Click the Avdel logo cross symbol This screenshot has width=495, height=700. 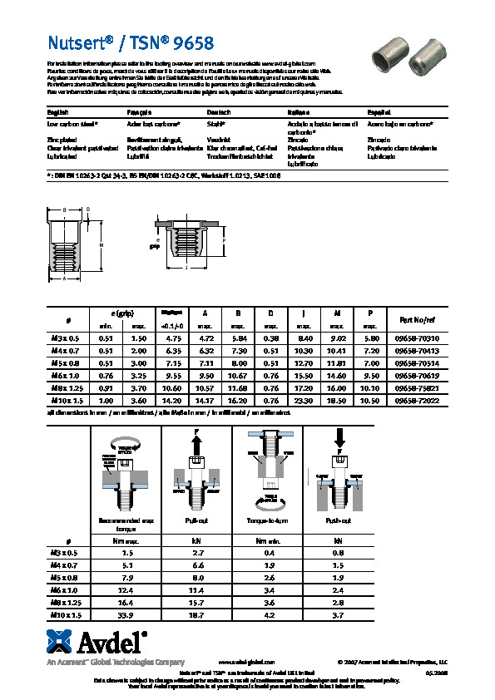[60, 643]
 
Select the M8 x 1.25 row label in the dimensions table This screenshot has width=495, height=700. [66, 387]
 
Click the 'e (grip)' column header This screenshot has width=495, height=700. [121, 313]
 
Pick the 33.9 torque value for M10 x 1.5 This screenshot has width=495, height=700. [127, 614]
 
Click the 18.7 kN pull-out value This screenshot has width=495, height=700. [198, 614]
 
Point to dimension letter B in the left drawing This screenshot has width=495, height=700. [64, 210]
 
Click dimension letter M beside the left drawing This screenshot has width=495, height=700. [101, 244]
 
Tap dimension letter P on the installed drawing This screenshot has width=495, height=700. [223, 241]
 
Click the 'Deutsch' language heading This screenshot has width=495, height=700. [219, 111]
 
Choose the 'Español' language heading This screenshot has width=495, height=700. [379, 111]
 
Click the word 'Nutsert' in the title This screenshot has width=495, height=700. [72, 42]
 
